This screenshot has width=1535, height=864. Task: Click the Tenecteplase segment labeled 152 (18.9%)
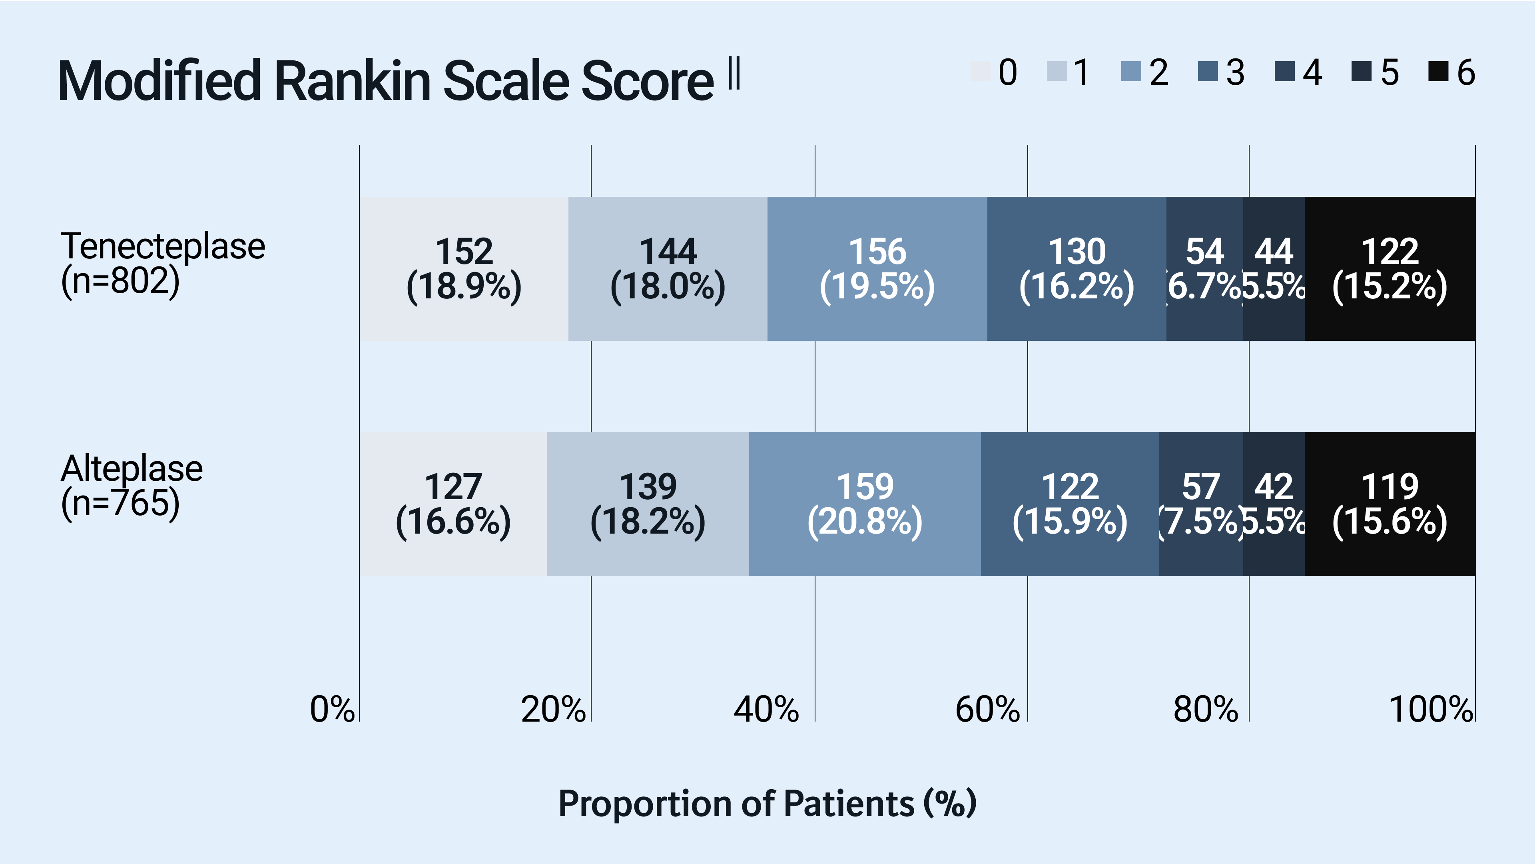[464, 268]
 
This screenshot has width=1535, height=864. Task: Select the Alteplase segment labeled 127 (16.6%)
[453, 504]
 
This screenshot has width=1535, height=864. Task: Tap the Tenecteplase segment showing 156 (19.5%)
[877, 268]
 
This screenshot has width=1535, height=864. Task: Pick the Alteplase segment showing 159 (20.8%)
[865, 504]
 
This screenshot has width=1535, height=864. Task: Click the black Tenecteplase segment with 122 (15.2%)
[1389, 268]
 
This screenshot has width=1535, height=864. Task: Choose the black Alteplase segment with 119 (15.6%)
[1389, 504]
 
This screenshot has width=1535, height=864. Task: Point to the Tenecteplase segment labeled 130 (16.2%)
[1076, 268]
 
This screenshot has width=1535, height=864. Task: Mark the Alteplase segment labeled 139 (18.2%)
[648, 504]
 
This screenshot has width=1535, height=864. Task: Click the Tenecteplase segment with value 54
[1204, 268]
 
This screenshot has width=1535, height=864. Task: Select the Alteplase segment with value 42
[1274, 504]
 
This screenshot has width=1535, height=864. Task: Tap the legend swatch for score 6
[1438, 72]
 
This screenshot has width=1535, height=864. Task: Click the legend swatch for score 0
[980, 72]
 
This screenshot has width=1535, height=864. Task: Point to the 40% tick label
[766, 709]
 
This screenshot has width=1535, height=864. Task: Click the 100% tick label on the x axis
[1430, 709]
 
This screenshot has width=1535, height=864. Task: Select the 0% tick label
[332, 709]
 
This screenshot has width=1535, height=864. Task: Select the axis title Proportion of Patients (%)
[767, 803]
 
